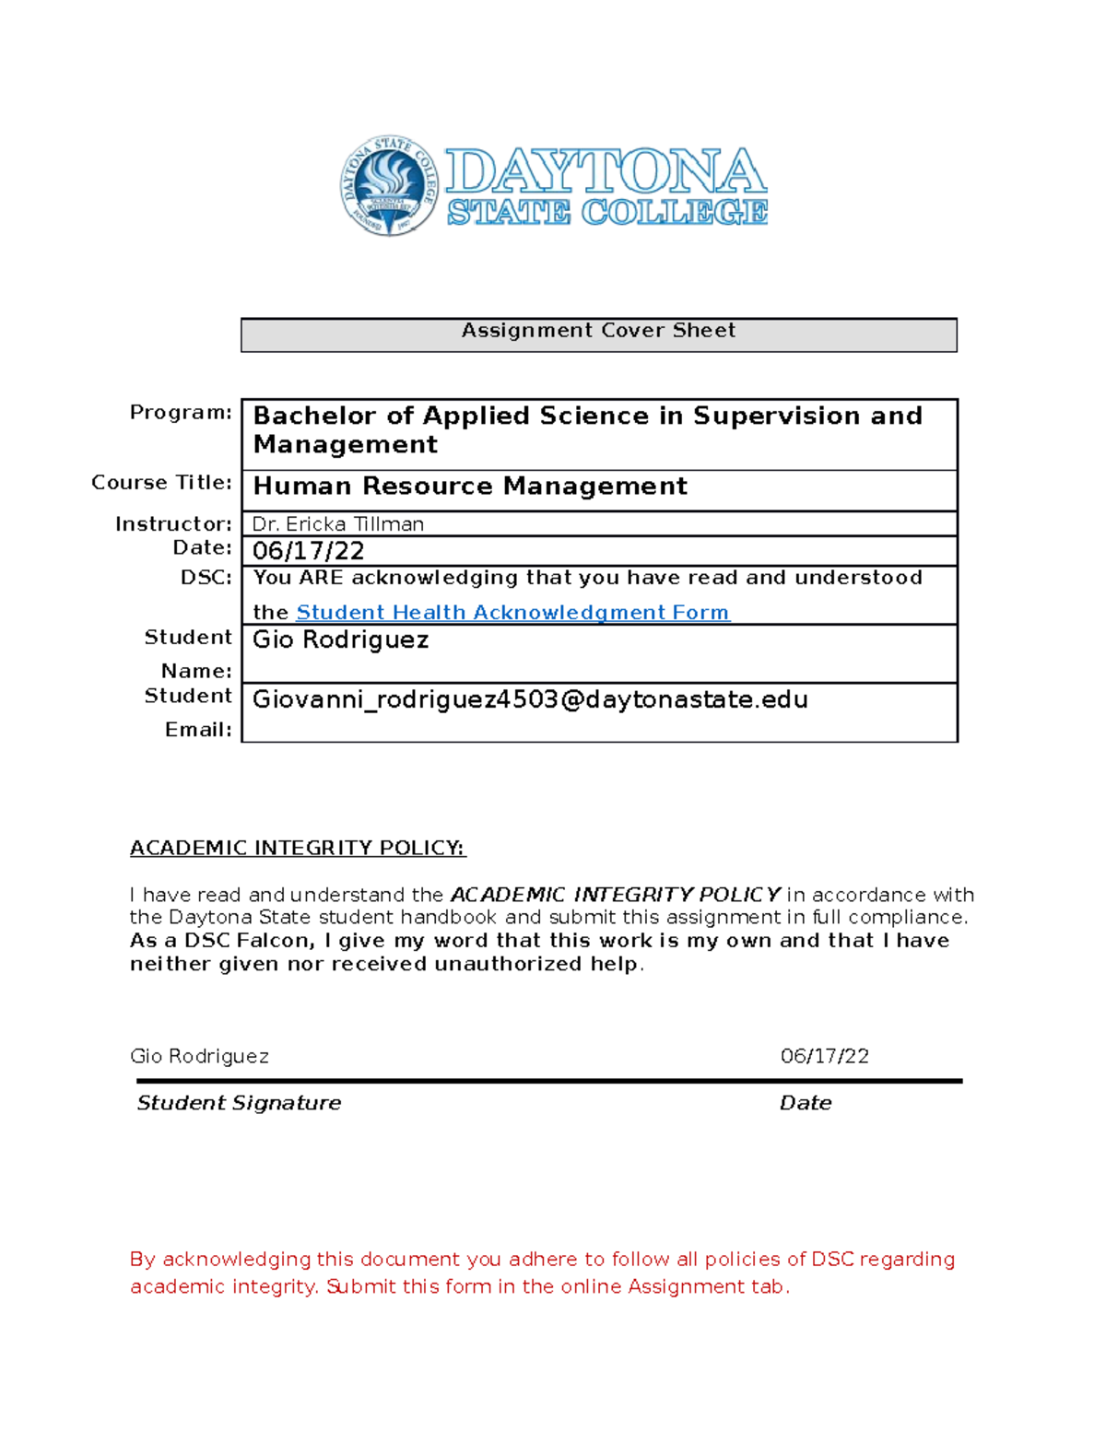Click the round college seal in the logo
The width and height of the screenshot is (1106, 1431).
[388, 185]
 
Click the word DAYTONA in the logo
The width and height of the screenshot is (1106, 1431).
[606, 172]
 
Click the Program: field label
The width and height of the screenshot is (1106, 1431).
[181, 412]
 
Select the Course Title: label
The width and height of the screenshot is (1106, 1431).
[161, 483]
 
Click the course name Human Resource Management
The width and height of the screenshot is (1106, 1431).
[470, 487]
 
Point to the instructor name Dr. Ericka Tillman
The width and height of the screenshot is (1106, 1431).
[338, 524]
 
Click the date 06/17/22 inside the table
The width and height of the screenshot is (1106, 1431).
[308, 551]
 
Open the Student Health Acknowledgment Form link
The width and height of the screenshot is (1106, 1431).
[512, 613]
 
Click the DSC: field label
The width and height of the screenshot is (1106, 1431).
[206, 578]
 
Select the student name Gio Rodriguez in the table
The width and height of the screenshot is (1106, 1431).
[340, 639]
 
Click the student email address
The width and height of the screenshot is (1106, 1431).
[530, 700]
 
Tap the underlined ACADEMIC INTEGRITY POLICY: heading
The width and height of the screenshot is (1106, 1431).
[297, 848]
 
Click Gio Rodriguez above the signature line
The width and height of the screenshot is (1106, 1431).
[199, 1056]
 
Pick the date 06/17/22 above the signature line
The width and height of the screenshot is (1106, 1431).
[824, 1056]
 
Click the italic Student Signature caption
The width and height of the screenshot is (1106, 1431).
[239, 1103]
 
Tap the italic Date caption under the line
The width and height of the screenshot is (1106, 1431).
[805, 1103]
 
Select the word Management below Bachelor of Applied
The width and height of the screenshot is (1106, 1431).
[346, 445]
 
